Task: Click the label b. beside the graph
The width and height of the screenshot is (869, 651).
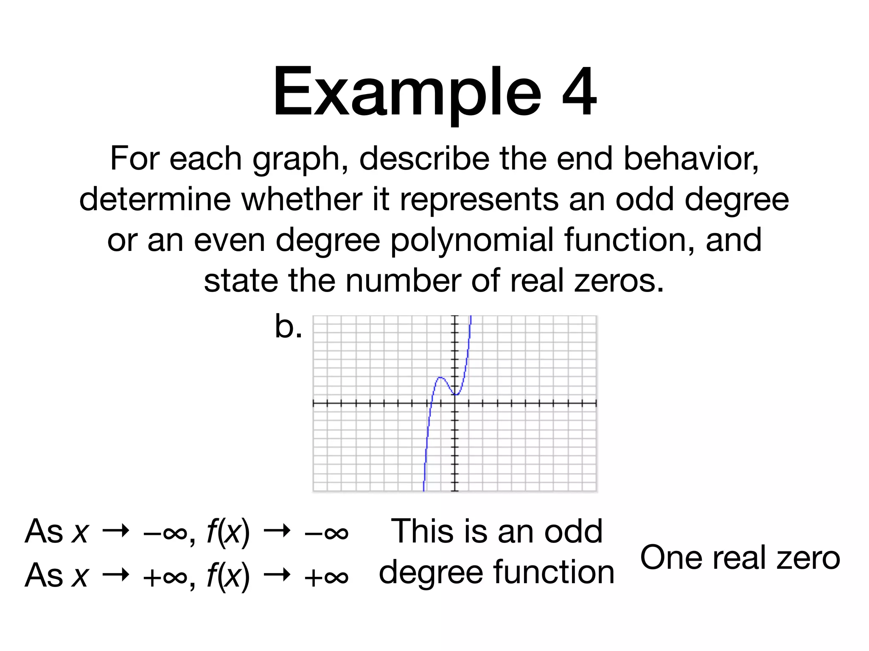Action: click(288, 326)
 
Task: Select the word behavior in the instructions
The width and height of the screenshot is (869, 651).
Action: click(691, 159)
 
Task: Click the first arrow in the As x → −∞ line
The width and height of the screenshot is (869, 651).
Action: click(115, 531)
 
